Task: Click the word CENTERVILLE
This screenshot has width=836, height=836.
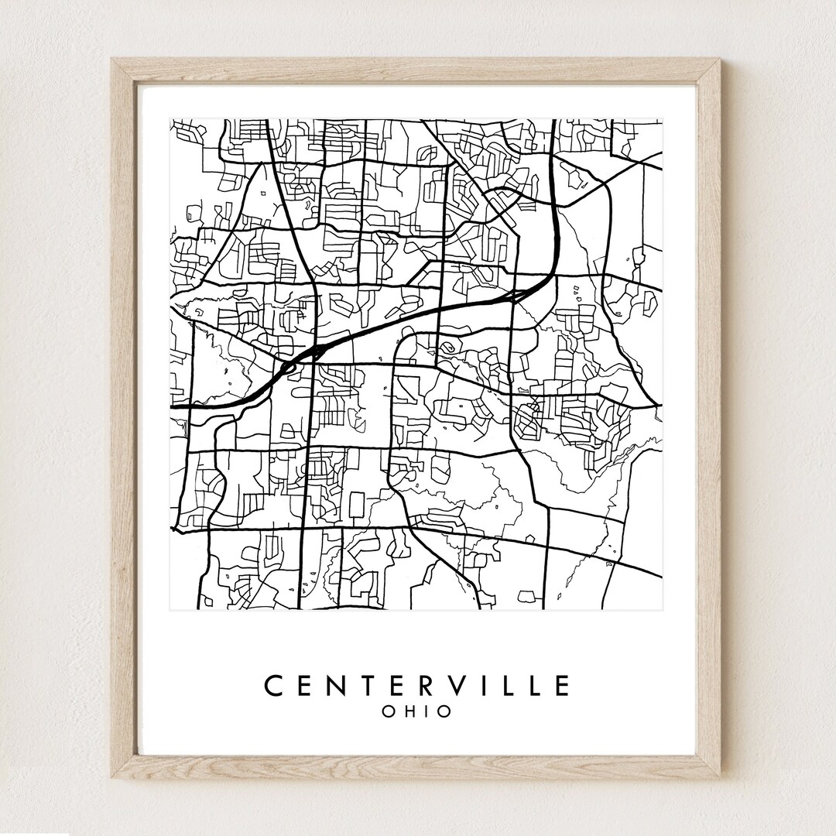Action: tap(417, 686)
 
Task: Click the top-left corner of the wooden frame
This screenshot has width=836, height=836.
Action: tap(111, 59)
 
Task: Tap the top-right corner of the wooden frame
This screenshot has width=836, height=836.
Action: tap(721, 59)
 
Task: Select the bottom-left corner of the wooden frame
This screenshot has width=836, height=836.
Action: tap(111, 779)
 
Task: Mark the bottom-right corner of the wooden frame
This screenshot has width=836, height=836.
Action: tap(721, 779)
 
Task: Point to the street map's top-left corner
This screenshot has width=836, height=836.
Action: tap(170, 119)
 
